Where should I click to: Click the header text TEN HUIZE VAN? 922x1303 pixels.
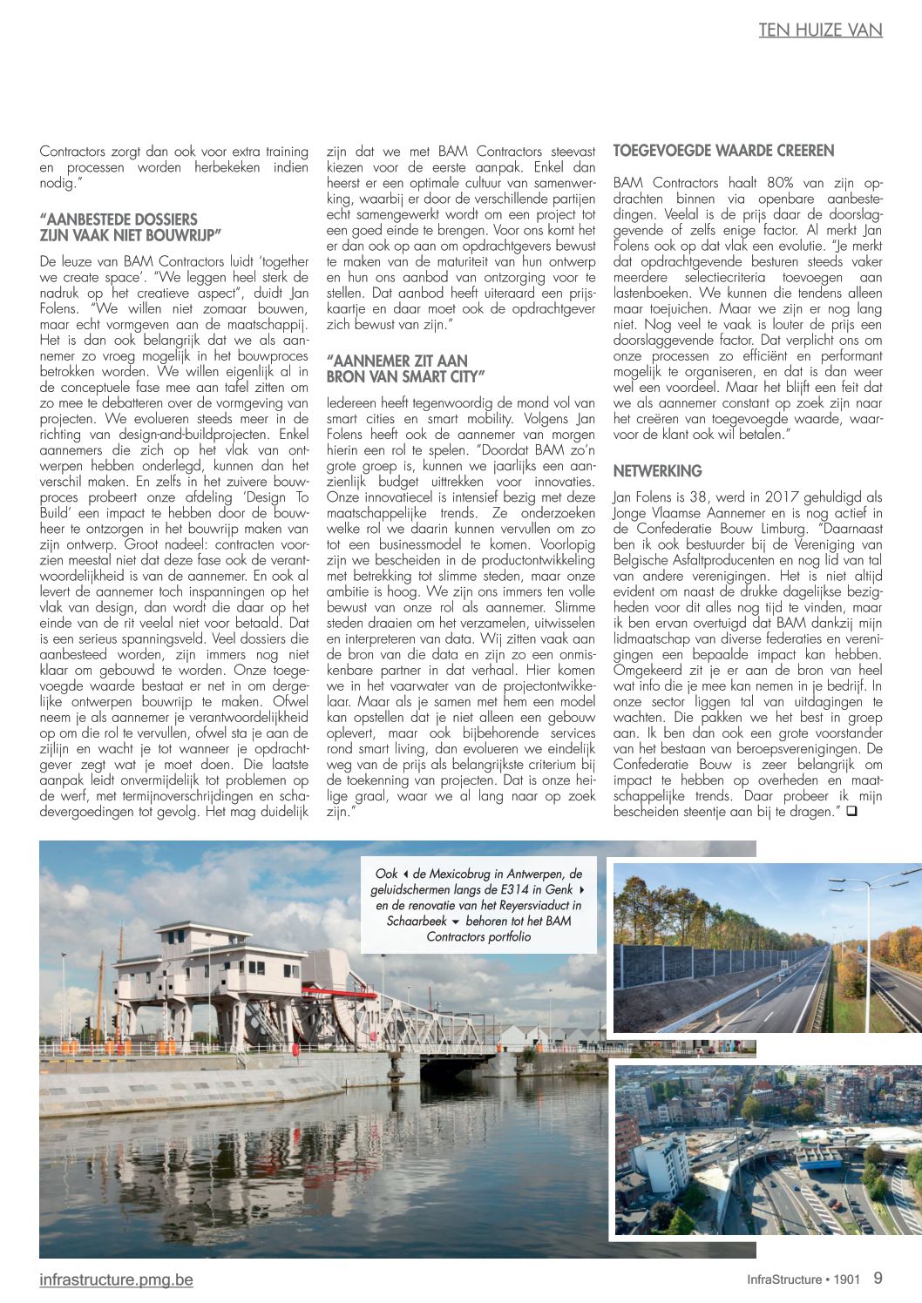click(820, 30)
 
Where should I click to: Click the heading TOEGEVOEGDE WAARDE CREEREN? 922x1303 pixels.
click(723, 151)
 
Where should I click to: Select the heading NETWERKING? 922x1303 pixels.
click(657, 471)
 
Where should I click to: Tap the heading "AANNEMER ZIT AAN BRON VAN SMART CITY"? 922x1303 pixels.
click(405, 368)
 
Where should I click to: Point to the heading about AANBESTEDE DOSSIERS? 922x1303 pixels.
click(131, 227)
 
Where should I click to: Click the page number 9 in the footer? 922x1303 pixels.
click(878, 1279)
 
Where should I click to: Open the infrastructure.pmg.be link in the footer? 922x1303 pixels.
click(116, 1279)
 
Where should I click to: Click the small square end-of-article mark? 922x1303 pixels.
click(851, 812)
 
